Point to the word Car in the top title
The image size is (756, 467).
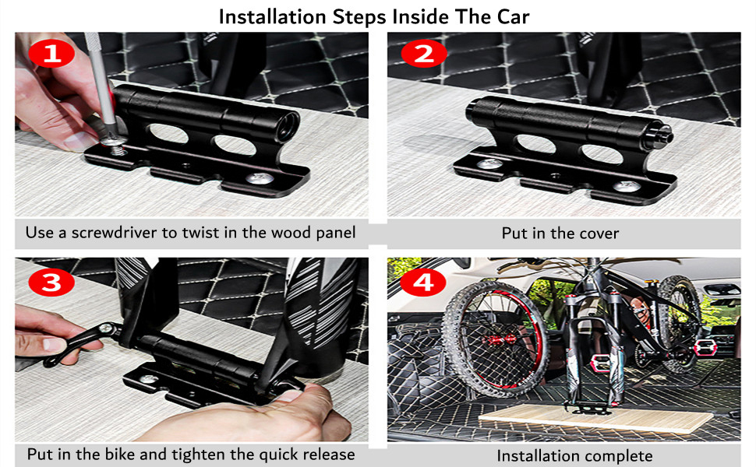point(512,16)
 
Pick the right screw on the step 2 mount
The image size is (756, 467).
point(624,186)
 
